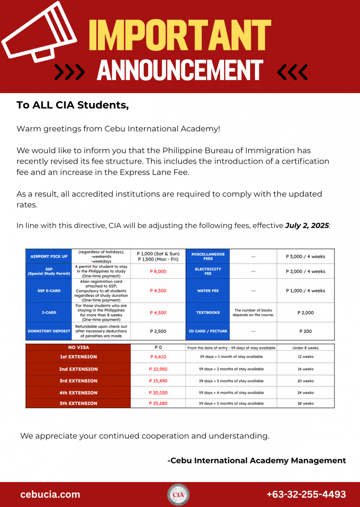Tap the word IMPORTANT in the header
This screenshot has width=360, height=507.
(180, 34)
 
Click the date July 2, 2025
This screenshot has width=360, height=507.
(307, 226)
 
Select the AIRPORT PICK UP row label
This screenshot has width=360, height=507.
(49, 256)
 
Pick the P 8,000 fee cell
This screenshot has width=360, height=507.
(158, 271)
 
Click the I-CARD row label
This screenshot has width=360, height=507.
(49, 313)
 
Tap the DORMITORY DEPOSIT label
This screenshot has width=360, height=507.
(49, 331)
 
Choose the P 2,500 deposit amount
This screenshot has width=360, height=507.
(158, 331)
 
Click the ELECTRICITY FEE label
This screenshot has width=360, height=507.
(208, 271)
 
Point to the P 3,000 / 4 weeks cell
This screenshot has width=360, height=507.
(305, 256)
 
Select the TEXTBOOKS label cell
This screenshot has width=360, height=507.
(208, 313)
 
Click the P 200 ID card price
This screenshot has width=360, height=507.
(305, 331)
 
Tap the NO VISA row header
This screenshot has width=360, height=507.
(78, 347)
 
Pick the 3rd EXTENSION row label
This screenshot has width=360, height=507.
(78, 381)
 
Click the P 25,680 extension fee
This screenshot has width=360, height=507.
(158, 404)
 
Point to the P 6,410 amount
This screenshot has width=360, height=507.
(158, 357)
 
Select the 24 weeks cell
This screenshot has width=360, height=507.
(305, 393)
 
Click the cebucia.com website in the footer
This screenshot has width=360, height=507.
(50, 495)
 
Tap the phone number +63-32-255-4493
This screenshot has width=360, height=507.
(306, 495)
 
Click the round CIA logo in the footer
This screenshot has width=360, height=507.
(178, 495)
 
